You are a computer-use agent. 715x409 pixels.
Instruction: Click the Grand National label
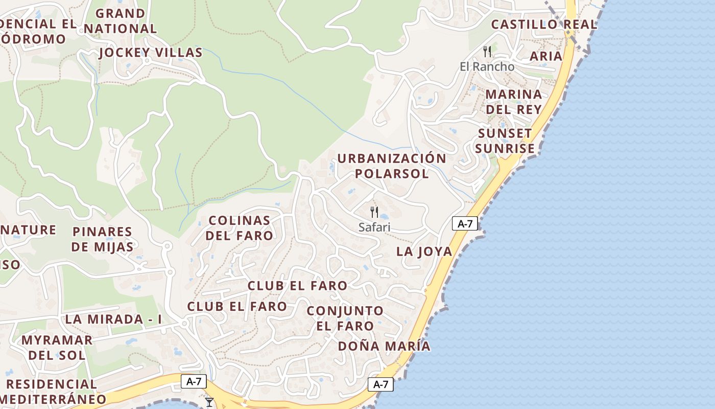[x=121, y=21]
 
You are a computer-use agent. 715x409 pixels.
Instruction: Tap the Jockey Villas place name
[x=151, y=53]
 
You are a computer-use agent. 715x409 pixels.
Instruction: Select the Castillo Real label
[x=544, y=25]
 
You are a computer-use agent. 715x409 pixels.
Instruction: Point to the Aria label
[x=546, y=56]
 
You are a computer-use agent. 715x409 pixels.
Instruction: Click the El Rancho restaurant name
[x=487, y=66]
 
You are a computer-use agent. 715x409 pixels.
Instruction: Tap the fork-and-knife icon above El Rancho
[x=487, y=51]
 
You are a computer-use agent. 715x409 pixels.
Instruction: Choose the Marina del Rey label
[x=513, y=102]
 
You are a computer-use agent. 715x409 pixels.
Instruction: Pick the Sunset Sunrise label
[x=505, y=141]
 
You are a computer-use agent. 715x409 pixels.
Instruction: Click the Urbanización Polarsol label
[x=392, y=166]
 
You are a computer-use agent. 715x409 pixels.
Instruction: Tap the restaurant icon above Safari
[x=374, y=212]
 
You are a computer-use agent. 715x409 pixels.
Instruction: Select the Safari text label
[x=374, y=227]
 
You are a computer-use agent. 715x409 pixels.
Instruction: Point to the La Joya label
[x=424, y=252]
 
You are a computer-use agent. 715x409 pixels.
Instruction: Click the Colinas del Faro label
[x=241, y=228]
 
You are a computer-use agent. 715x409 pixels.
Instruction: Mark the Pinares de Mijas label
[x=102, y=239]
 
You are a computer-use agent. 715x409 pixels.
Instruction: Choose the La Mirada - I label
[x=113, y=320]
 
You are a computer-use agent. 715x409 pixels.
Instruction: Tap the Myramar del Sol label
[x=57, y=347]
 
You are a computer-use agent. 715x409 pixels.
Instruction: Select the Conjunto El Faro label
[x=345, y=318]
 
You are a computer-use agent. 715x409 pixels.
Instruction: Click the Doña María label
[x=384, y=346]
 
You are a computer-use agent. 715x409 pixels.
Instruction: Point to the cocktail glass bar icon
[x=209, y=402]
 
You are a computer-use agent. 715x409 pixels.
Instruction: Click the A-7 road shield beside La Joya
[x=465, y=223]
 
